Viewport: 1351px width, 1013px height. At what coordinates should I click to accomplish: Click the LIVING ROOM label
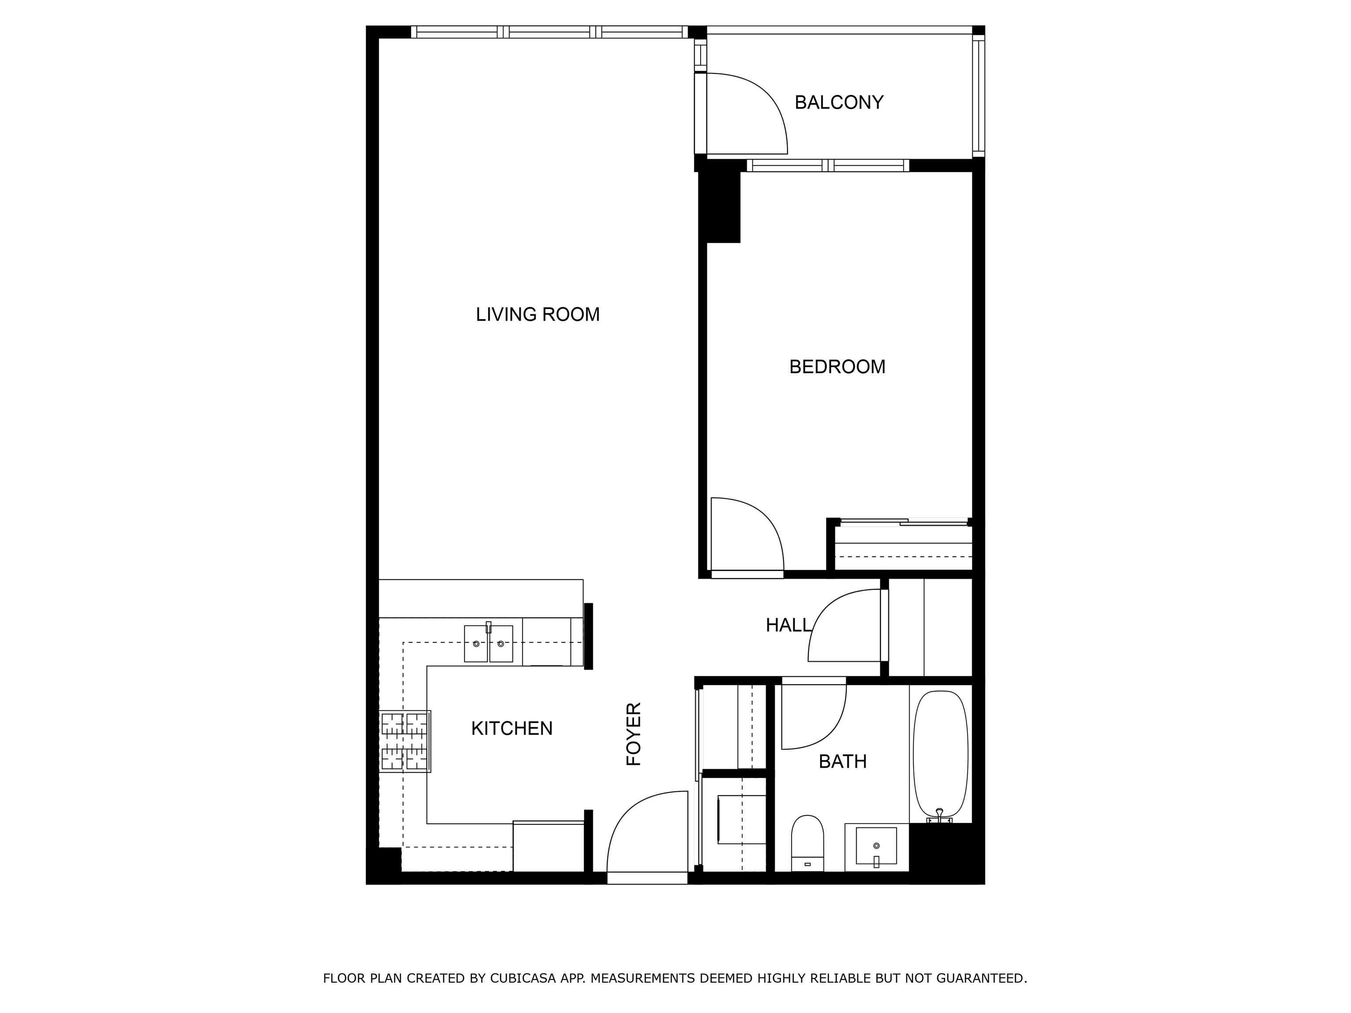pos(537,314)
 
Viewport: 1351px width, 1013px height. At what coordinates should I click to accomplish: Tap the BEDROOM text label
pos(837,367)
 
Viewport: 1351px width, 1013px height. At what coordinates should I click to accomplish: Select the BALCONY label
pos(839,102)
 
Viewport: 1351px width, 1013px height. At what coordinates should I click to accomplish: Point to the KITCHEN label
pos(512,729)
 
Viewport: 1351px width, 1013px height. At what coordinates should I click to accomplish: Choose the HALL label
pos(788,625)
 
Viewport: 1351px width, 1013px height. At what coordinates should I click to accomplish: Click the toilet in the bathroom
pos(807,843)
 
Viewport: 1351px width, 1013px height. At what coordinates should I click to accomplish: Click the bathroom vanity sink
pos(876,845)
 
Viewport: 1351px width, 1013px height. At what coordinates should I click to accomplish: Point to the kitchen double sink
pos(488,644)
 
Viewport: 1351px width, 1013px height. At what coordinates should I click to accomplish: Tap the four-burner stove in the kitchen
pos(404,741)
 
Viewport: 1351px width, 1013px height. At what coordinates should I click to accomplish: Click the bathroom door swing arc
pos(818,721)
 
